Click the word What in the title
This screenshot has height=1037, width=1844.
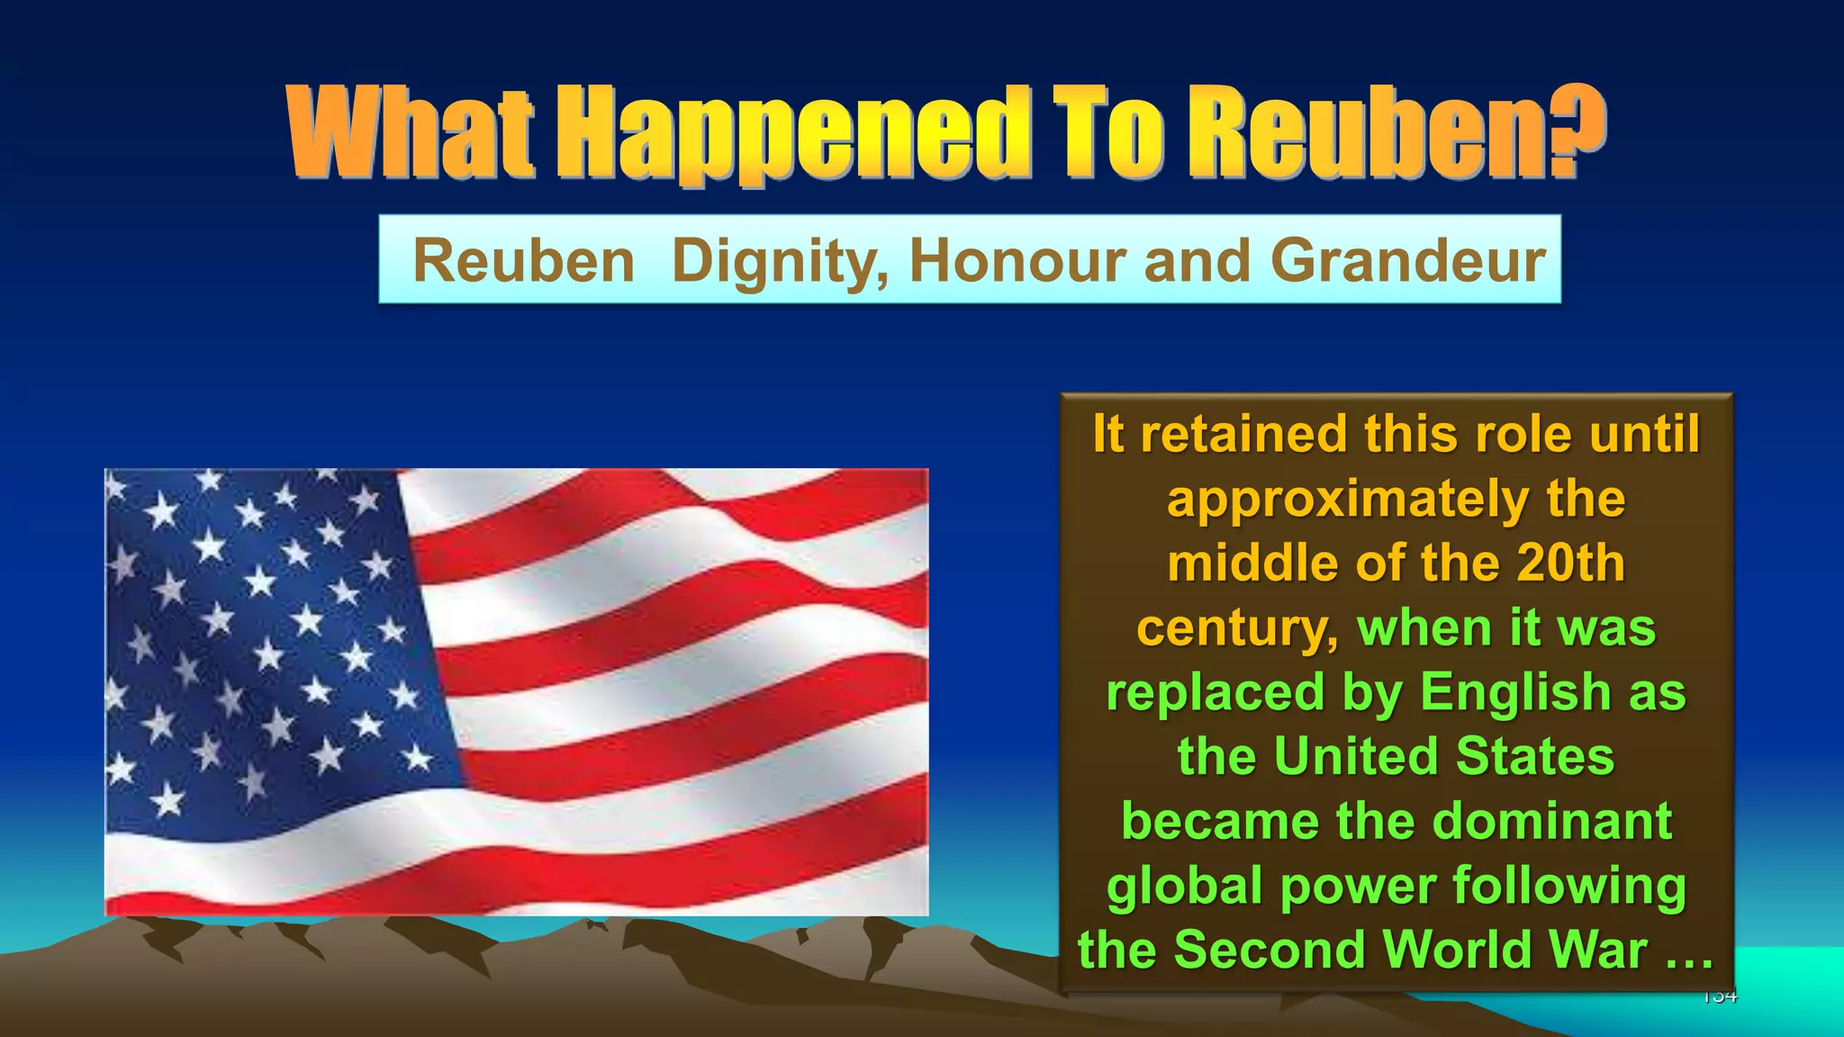pyautogui.click(x=410, y=133)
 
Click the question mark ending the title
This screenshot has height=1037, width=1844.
pyautogui.click(x=1580, y=131)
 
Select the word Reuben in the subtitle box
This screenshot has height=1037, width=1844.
pyautogui.click(x=524, y=261)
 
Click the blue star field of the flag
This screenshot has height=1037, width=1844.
pyautogui.click(x=270, y=639)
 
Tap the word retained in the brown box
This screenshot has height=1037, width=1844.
pyautogui.click(x=1246, y=434)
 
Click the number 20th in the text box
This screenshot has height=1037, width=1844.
pyautogui.click(x=1570, y=564)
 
